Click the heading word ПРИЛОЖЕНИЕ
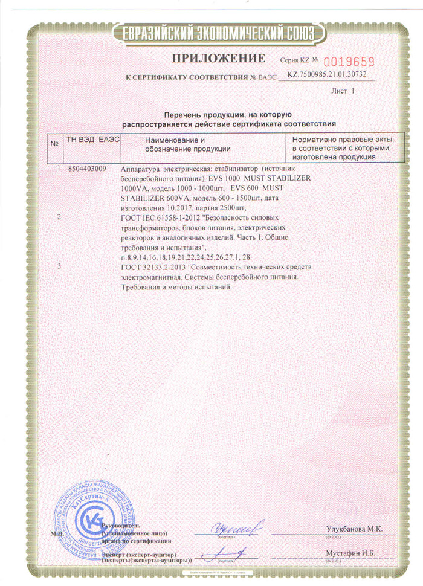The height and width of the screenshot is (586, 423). point(219,59)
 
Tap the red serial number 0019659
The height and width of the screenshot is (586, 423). point(350,61)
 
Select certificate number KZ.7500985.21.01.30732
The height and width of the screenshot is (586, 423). point(326,76)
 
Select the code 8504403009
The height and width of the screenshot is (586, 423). point(88,169)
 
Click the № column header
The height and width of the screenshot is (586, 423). point(54,144)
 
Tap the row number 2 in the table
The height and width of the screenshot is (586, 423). point(58,216)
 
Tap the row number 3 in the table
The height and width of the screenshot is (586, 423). point(58,266)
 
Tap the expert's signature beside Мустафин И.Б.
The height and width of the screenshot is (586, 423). point(225,553)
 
